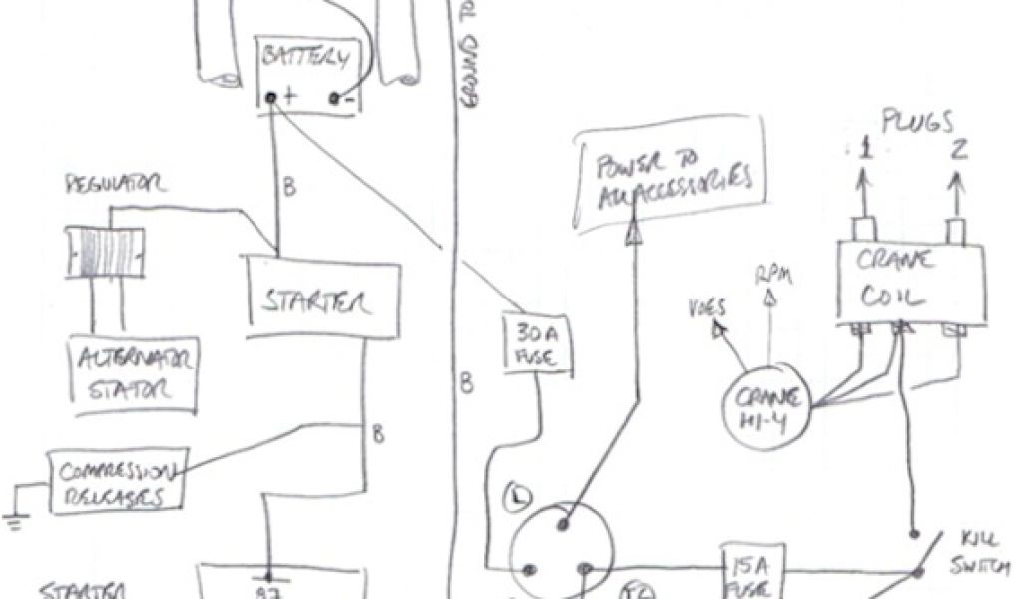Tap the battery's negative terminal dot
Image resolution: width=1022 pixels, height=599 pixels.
pyautogui.click(x=335, y=98)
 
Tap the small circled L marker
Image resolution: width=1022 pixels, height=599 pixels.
pyautogui.click(x=518, y=495)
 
